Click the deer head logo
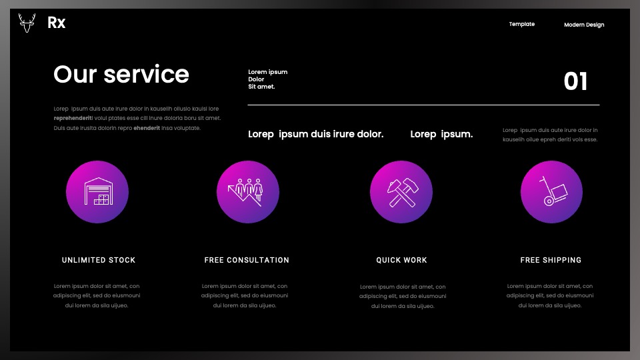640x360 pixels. [x=27, y=23]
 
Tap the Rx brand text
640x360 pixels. [x=56, y=23]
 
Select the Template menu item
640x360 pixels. [x=521, y=24]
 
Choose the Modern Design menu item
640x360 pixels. [x=584, y=25]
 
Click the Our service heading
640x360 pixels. [x=121, y=74]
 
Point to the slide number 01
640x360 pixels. [x=575, y=81]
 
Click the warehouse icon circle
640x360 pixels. [x=97, y=192]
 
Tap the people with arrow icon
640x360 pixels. [x=248, y=192]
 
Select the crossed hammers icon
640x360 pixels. [x=401, y=192]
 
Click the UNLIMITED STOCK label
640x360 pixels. [x=99, y=260]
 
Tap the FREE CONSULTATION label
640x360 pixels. [x=247, y=260]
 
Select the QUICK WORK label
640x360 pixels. [x=401, y=260]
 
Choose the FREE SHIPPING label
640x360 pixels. [x=551, y=260]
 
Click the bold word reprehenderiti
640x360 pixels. [x=73, y=119]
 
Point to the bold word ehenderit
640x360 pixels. [x=147, y=128]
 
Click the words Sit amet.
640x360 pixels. [x=261, y=87]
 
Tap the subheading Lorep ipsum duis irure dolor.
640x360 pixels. [x=315, y=134]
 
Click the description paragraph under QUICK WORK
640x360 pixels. [x=403, y=296]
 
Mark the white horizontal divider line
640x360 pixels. [x=423, y=105]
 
